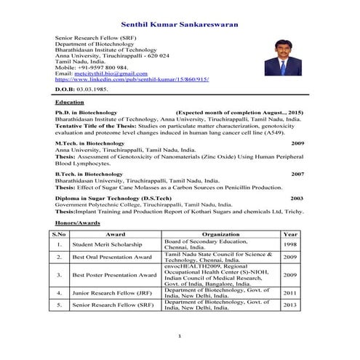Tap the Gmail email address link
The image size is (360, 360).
tap(111, 73)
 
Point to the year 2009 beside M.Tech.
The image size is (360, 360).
tap(297, 144)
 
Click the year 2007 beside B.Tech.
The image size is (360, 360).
tap(297, 175)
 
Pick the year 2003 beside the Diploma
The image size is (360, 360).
tap(297, 198)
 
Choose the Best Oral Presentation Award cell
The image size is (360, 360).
tap(112, 257)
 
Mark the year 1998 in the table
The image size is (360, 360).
tap(290, 245)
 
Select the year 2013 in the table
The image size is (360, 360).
tap(290, 305)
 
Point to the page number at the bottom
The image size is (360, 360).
tap(179, 336)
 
